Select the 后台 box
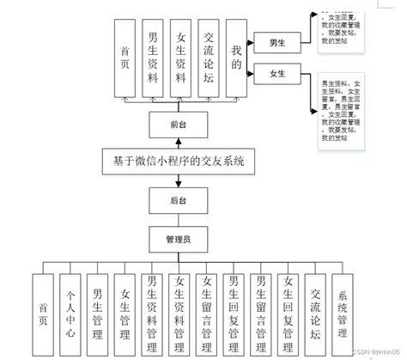[179, 198]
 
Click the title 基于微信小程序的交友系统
[178, 161]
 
